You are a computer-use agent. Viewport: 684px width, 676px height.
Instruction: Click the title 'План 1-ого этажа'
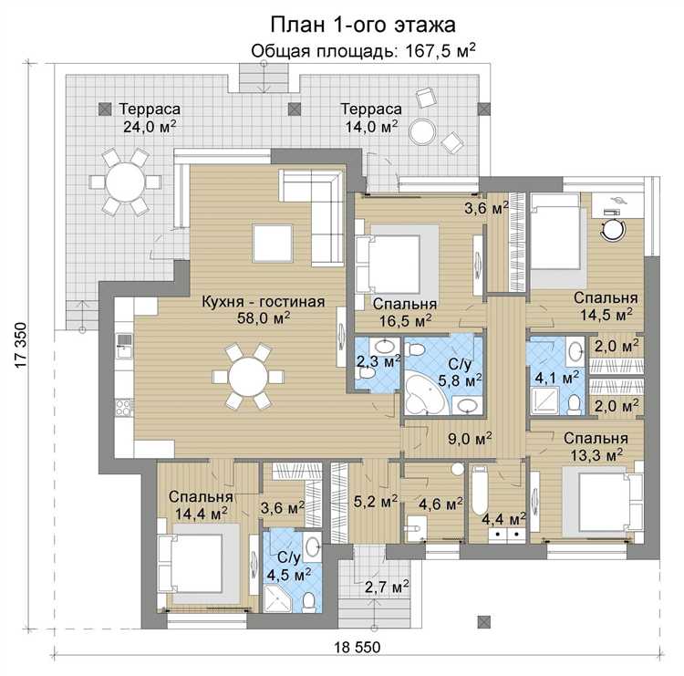pyautogui.click(x=363, y=25)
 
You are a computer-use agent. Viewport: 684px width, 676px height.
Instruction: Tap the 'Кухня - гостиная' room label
pyautogui.click(x=264, y=302)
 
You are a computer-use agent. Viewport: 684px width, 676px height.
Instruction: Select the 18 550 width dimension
pyautogui.click(x=358, y=647)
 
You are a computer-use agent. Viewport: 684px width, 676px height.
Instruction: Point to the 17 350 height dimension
pyautogui.click(x=21, y=346)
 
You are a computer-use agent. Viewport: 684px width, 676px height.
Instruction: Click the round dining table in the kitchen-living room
pyautogui.click(x=248, y=377)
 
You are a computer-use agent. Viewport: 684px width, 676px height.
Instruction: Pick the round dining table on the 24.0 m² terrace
pyautogui.click(x=126, y=182)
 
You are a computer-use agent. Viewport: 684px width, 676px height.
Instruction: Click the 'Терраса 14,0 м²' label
pyautogui.click(x=371, y=118)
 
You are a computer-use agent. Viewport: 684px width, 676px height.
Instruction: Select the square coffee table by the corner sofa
pyautogui.click(x=272, y=243)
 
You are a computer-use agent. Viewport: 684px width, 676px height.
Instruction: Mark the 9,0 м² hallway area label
pyautogui.click(x=471, y=438)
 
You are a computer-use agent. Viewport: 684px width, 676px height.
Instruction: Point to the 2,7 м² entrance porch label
pyautogui.click(x=387, y=587)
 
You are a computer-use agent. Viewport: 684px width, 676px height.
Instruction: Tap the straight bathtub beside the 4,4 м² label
pyautogui.click(x=480, y=491)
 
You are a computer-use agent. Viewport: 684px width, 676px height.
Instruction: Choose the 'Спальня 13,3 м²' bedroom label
pyautogui.click(x=596, y=446)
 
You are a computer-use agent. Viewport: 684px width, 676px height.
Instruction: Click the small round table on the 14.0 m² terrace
pyautogui.click(x=422, y=131)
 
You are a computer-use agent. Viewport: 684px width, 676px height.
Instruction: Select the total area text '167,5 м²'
pyautogui.click(x=440, y=51)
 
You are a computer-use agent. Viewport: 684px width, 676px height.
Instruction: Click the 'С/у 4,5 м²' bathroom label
pyautogui.click(x=289, y=566)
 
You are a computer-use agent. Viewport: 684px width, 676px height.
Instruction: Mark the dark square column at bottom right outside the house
pyautogui.click(x=483, y=622)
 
